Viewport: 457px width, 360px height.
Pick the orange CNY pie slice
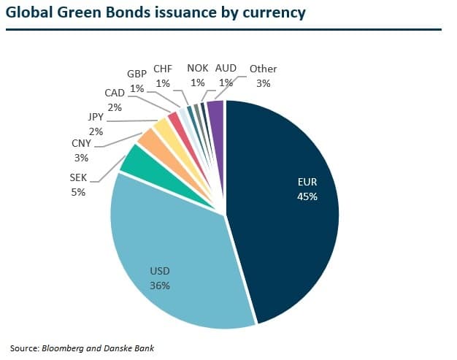pos(148,139)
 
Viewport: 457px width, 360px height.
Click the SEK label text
pos(78,177)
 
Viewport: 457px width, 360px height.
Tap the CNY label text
pos(81,143)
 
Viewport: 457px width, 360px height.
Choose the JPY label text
pos(96,117)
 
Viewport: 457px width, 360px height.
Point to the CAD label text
pos(115,93)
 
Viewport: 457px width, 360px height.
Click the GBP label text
pos(137,74)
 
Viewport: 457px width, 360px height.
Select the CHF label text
pos(162,69)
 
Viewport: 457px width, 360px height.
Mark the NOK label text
pos(197,69)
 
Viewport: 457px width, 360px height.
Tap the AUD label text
pos(226,69)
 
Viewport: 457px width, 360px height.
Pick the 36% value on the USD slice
pos(160,286)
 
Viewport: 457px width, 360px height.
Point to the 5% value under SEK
pos(78,192)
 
